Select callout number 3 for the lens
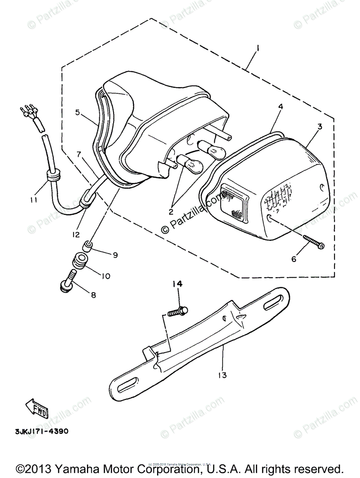[x=319, y=127]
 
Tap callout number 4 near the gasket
[x=281, y=107]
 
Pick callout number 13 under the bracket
[x=222, y=375]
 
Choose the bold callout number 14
[x=177, y=284]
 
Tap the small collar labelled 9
[x=88, y=247]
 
